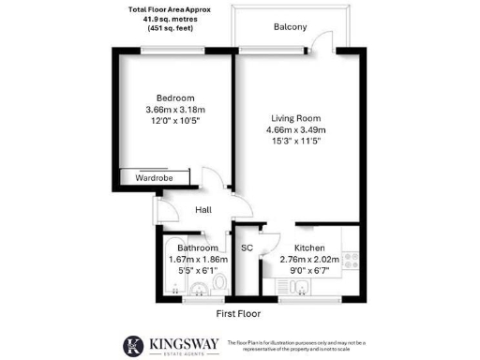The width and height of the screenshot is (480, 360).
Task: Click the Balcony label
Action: coord(290,27)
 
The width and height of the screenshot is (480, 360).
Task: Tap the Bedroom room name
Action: coord(175,98)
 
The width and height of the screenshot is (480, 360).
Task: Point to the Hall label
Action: coord(203,211)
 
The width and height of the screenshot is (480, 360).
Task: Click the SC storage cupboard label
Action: coord(247,248)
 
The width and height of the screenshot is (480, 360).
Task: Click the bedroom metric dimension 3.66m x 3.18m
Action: coord(175,111)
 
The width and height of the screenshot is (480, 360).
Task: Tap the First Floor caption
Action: coord(238,313)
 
